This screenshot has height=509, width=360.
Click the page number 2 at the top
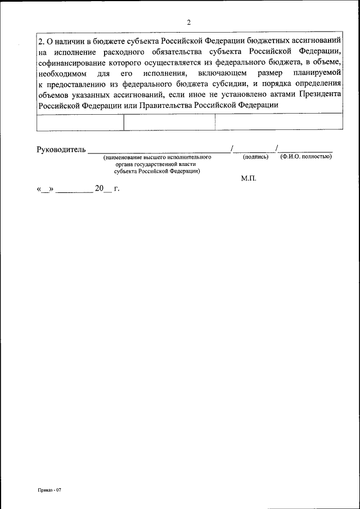(x=189, y=22)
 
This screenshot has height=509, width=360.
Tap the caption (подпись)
(x=255, y=157)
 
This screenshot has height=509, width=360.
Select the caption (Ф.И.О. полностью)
(x=306, y=157)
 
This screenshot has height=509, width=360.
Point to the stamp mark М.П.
(x=248, y=178)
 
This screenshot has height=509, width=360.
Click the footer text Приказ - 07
(x=49, y=490)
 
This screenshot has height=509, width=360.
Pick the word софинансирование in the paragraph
(x=70, y=64)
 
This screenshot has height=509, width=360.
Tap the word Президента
(x=321, y=94)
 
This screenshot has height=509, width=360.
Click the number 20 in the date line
(x=100, y=189)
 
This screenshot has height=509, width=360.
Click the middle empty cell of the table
(x=169, y=122)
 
